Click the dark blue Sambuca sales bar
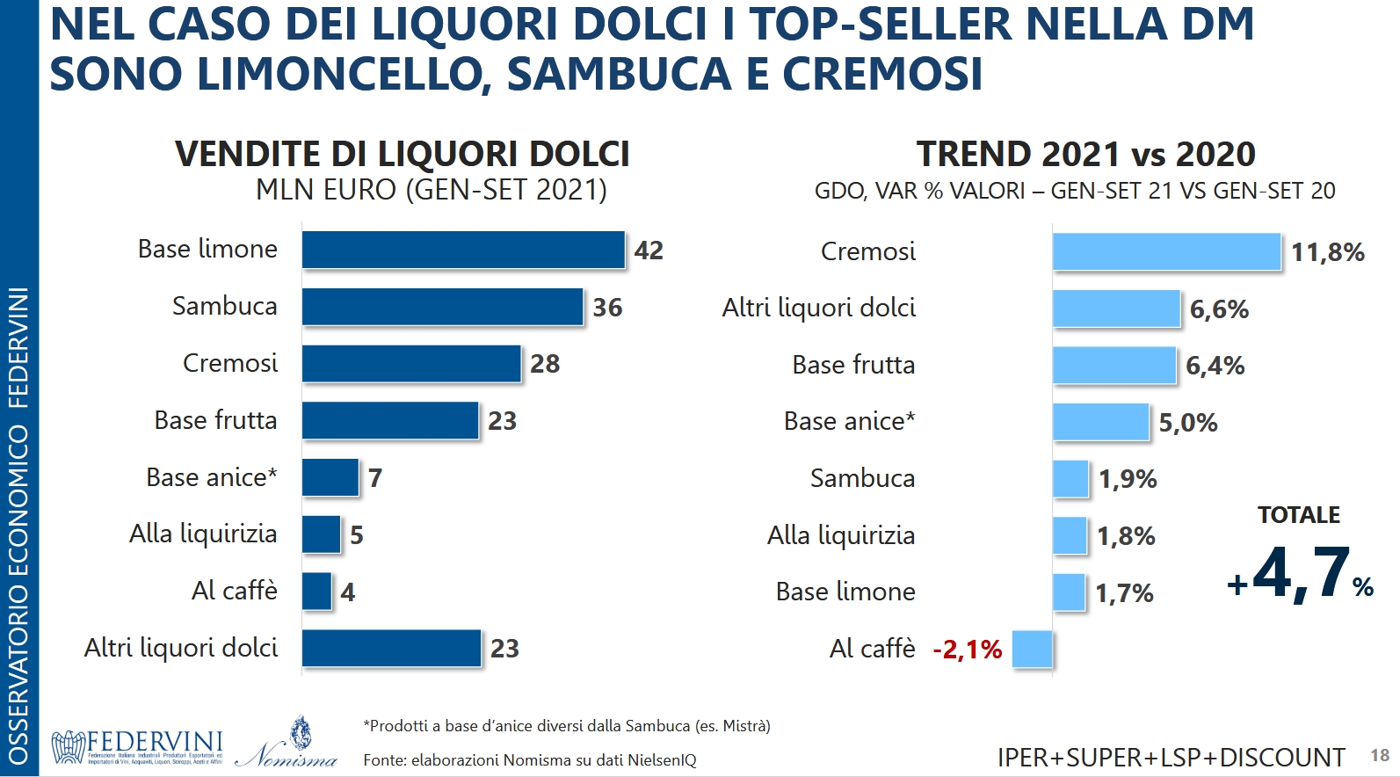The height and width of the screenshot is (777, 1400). (x=442, y=307)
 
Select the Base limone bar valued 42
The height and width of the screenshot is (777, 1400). (x=463, y=250)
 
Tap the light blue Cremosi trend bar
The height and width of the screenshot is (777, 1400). (x=1166, y=251)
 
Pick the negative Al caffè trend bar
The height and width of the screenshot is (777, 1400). (x=1032, y=650)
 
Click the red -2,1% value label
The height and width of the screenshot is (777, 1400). (x=967, y=650)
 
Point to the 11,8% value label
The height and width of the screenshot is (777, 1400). (x=1327, y=253)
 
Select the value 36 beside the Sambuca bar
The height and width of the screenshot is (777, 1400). (x=607, y=308)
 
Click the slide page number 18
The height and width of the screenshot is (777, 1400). (x=1380, y=755)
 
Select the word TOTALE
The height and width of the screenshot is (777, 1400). (x=1298, y=515)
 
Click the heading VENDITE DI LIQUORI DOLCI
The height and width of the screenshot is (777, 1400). (x=403, y=154)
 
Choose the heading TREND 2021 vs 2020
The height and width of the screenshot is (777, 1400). (x=1085, y=154)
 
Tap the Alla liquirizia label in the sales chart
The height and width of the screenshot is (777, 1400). (x=203, y=534)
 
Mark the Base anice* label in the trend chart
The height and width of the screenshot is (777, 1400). (x=849, y=421)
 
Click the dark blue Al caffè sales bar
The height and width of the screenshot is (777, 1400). (x=316, y=592)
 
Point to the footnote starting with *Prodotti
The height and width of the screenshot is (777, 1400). (x=566, y=726)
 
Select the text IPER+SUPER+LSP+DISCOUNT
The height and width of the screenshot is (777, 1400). (x=1171, y=757)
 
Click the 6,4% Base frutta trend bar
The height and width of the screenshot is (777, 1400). (x=1113, y=366)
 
